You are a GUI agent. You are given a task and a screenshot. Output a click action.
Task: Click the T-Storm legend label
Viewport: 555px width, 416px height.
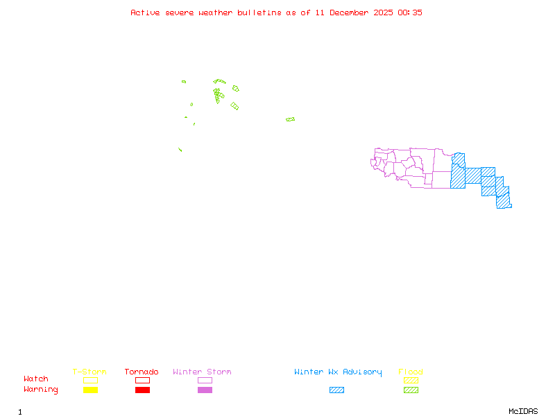[89, 372]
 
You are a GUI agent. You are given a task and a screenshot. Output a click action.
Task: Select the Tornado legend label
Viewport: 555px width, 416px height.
[142, 372]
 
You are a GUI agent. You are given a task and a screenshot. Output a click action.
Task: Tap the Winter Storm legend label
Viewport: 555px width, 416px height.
[202, 372]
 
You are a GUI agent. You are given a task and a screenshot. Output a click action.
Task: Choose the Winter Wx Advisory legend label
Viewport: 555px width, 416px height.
[338, 372]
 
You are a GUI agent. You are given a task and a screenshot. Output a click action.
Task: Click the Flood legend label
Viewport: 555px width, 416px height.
[411, 372]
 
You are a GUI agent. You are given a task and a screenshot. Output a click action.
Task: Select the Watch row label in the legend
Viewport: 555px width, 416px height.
[36, 379]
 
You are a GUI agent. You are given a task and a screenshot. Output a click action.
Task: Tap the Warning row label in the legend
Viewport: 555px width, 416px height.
[41, 390]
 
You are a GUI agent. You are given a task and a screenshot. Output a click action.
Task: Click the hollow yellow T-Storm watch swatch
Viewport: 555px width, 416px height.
[90, 380]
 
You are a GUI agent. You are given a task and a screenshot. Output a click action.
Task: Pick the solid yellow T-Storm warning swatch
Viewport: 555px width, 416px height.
[90, 390]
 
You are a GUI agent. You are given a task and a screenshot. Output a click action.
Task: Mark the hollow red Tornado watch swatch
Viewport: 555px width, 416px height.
[142, 380]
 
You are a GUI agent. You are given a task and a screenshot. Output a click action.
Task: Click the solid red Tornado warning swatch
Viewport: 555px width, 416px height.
[142, 390]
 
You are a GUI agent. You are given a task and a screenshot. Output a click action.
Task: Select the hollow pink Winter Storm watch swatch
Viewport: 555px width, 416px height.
[205, 380]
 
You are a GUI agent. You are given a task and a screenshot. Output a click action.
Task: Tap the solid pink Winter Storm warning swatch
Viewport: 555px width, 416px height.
[205, 390]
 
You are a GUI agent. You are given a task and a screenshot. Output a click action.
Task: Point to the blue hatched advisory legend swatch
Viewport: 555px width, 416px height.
[336, 390]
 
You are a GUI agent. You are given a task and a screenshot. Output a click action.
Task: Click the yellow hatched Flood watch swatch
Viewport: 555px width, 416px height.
[411, 380]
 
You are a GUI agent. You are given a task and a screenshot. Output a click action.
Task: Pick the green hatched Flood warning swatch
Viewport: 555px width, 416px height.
[411, 390]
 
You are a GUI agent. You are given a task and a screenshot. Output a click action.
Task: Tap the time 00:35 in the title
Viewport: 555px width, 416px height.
[409, 12]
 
